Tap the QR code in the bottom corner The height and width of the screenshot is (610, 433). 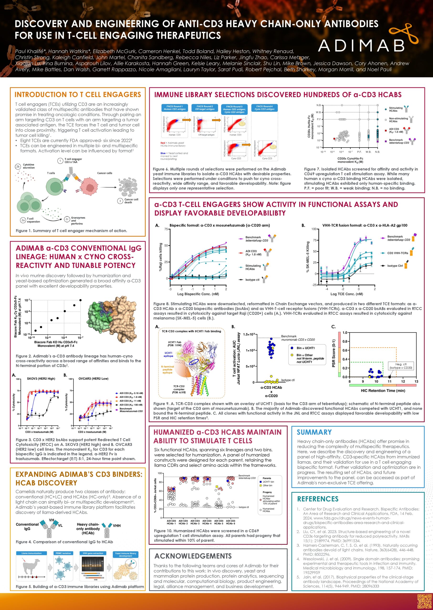click(x=424, y=601)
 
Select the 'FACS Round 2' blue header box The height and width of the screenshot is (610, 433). click(x=204, y=107)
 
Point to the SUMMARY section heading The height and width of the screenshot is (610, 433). click(x=314, y=432)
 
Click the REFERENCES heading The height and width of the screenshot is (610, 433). click(x=318, y=499)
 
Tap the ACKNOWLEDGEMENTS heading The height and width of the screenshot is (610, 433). click(x=193, y=556)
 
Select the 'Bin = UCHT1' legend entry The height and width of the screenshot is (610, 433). click(x=306, y=348)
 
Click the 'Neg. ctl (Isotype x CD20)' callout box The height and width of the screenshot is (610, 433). click(x=401, y=366)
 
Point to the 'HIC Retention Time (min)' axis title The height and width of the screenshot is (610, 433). click(x=383, y=391)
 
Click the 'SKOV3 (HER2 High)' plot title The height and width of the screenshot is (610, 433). click(x=41, y=378)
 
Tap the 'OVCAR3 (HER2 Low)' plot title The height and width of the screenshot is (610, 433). click(x=93, y=378)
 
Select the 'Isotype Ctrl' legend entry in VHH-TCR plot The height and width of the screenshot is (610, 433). click(x=395, y=266)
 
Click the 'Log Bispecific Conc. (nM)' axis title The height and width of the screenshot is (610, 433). click(x=198, y=294)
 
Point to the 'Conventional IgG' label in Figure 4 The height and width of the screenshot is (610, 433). click(x=27, y=526)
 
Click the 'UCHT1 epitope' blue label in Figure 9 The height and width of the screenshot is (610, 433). click(x=168, y=354)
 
